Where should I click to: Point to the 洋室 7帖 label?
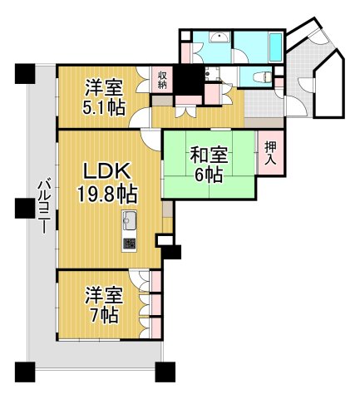(x=104, y=304)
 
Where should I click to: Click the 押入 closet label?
(x=269, y=153)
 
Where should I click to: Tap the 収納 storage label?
(x=162, y=79)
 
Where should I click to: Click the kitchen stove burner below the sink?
(x=131, y=243)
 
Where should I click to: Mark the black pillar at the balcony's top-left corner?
(x=24, y=72)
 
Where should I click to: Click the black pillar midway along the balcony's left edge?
(x=24, y=205)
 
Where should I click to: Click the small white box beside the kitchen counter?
(x=163, y=242)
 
